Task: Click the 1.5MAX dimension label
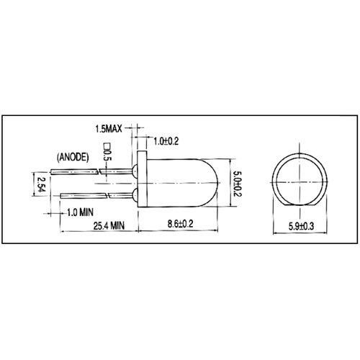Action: pos(109,129)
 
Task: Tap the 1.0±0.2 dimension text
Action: pos(166,141)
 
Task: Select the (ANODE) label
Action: pos(73,157)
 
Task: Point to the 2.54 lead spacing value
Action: pos(41,184)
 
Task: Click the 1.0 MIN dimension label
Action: pos(80,212)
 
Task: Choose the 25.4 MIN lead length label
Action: pos(109,225)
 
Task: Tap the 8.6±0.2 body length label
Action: pos(180,224)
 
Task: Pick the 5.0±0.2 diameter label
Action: pos(238,183)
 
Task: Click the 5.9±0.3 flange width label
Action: pos(301,226)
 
